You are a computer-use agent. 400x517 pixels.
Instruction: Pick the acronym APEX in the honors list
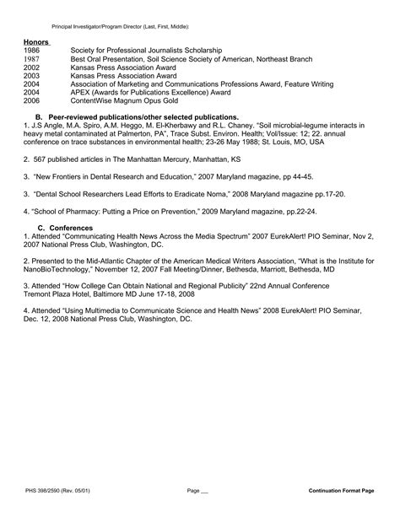81,93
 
